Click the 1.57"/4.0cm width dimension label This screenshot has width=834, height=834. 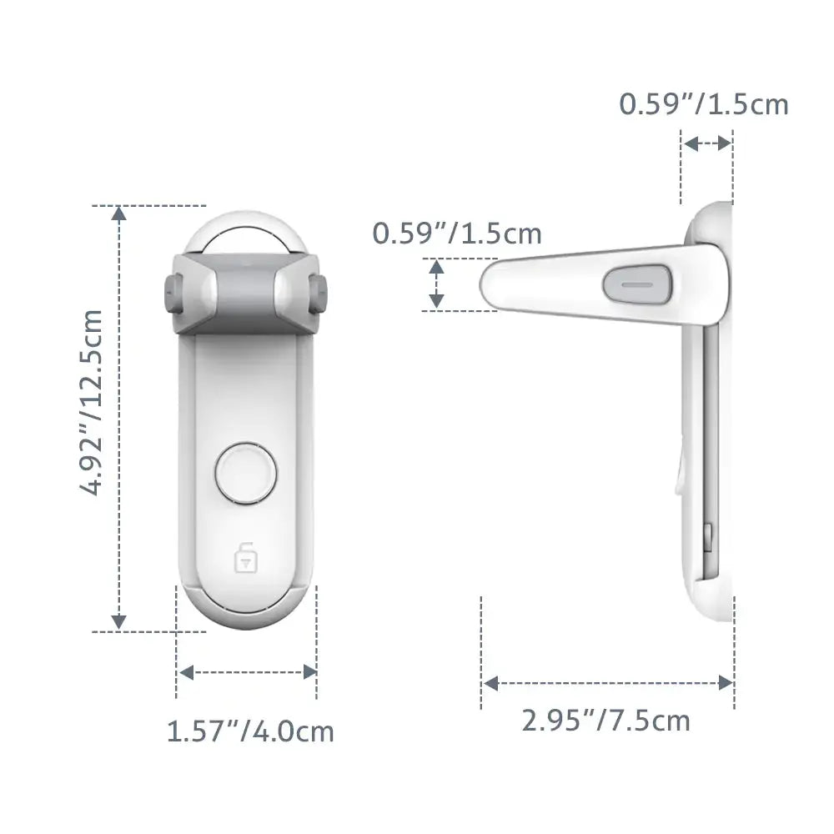click(x=250, y=732)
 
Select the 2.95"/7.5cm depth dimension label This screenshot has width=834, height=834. click(x=606, y=719)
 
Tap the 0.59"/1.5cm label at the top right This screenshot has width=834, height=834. click(x=703, y=104)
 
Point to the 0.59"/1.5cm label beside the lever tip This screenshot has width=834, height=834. click(x=457, y=234)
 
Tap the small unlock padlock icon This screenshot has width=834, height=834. click(x=245, y=556)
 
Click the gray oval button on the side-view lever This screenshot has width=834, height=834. click(x=637, y=284)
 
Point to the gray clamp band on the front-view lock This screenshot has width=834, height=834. click(x=245, y=288)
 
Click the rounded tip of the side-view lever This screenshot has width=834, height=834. click(x=492, y=284)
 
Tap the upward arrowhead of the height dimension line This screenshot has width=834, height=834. click(x=119, y=214)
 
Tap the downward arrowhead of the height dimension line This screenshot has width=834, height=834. click(x=119, y=621)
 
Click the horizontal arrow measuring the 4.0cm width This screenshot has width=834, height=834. click(x=248, y=671)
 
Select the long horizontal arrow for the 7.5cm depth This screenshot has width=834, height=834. click(x=607, y=684)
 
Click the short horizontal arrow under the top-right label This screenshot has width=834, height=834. click(x=706, y=143)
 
